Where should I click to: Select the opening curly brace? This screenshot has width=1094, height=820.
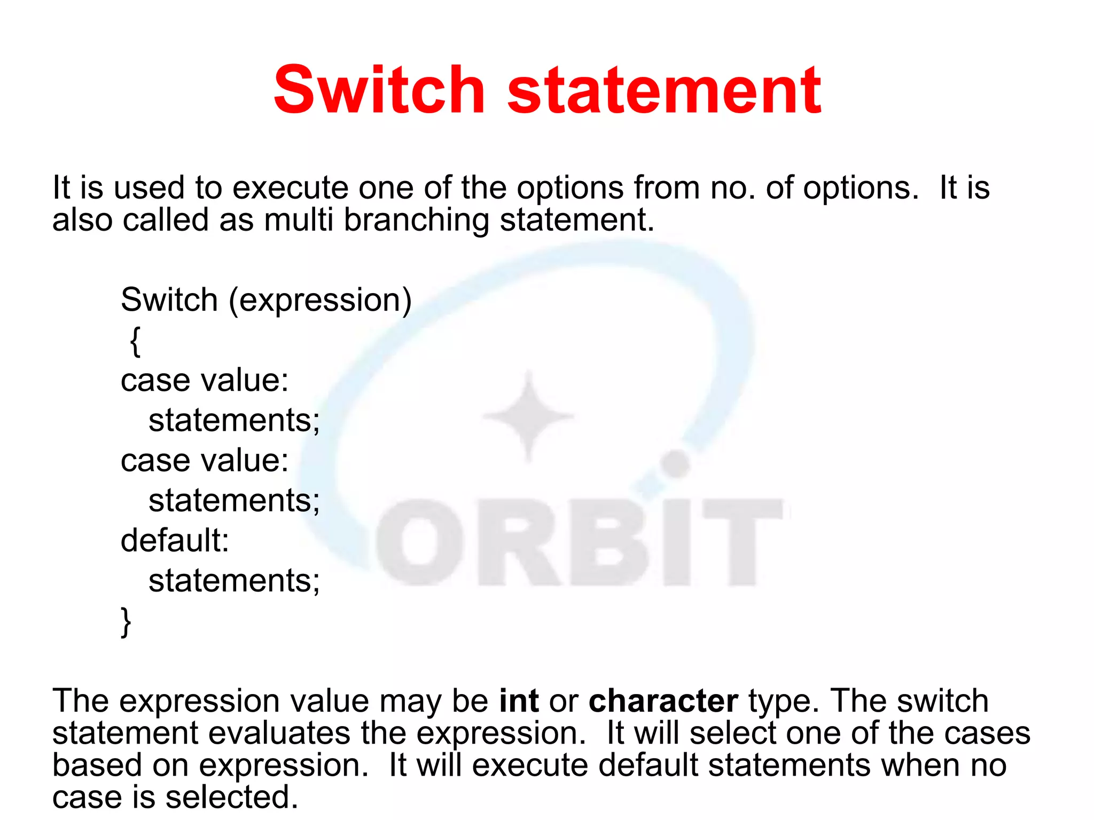click(135, 341)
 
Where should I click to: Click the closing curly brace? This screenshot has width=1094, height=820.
click(126, 622)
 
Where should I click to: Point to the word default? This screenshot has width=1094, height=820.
click(175, 540)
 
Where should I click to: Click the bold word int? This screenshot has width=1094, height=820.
click(518, 700)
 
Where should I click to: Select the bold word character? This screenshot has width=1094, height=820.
click(663, 700)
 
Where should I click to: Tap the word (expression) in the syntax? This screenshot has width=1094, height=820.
click(320, 301)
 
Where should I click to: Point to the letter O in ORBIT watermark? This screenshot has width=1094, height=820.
click(419, 542)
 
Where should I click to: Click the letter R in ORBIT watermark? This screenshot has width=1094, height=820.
click(515, 542)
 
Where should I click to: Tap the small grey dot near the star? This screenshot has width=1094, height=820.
click(676, 464)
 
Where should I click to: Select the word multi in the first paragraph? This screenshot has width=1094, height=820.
click(299, 220)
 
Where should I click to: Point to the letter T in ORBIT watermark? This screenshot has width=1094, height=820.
click(743, 542)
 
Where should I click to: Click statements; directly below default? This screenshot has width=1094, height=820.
click(234, 581)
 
